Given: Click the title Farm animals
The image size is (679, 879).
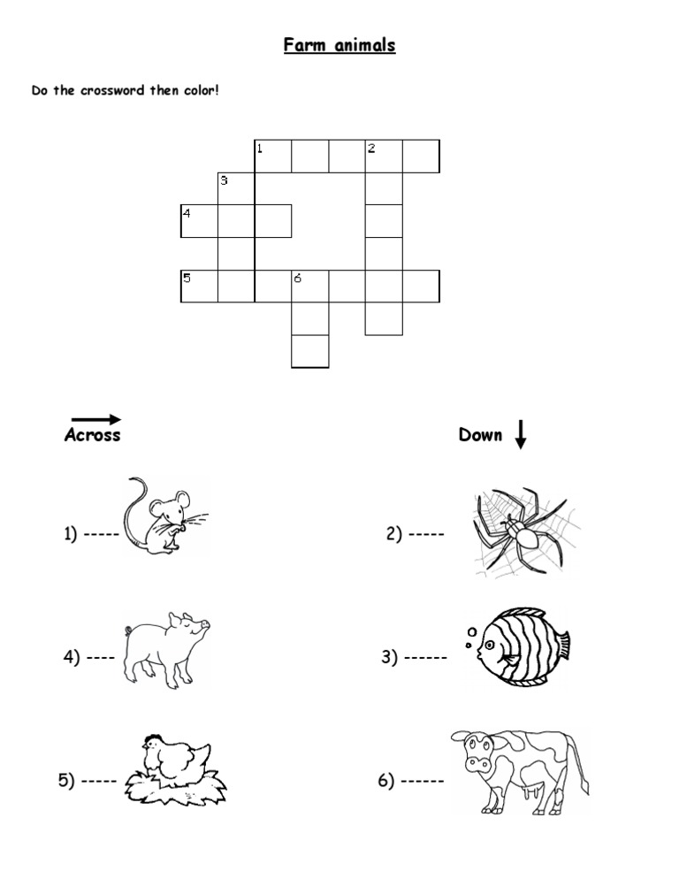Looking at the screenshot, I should [339, 44].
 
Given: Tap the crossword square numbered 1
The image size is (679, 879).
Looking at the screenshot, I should [272, 156].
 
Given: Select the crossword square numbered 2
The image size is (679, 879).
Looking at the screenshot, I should [384, 156].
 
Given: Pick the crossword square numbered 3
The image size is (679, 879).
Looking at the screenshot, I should [236, 188].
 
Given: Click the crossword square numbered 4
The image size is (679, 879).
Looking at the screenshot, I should [199, 221].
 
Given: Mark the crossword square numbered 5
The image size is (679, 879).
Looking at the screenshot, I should [199, 287].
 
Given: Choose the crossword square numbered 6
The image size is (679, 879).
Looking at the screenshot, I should [309, 287].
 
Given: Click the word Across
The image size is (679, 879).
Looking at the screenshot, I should [93, 435].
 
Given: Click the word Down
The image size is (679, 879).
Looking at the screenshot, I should [480, 434].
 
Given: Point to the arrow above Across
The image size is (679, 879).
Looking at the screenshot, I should [95, 419].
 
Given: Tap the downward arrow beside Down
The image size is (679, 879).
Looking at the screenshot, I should [520, 433].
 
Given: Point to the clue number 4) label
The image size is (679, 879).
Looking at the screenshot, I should [71, 657].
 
